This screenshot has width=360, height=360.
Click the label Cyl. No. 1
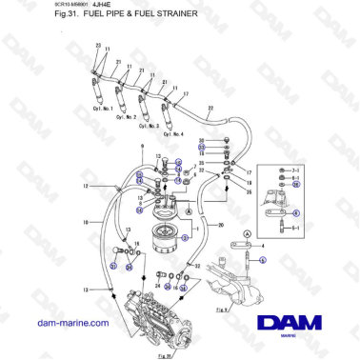point(102,108)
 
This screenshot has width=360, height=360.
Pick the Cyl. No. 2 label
point(125,116)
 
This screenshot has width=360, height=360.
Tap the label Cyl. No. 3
point(149,125)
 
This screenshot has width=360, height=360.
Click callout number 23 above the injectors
point(98,46)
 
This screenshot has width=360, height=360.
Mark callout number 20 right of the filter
point(221,226)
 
